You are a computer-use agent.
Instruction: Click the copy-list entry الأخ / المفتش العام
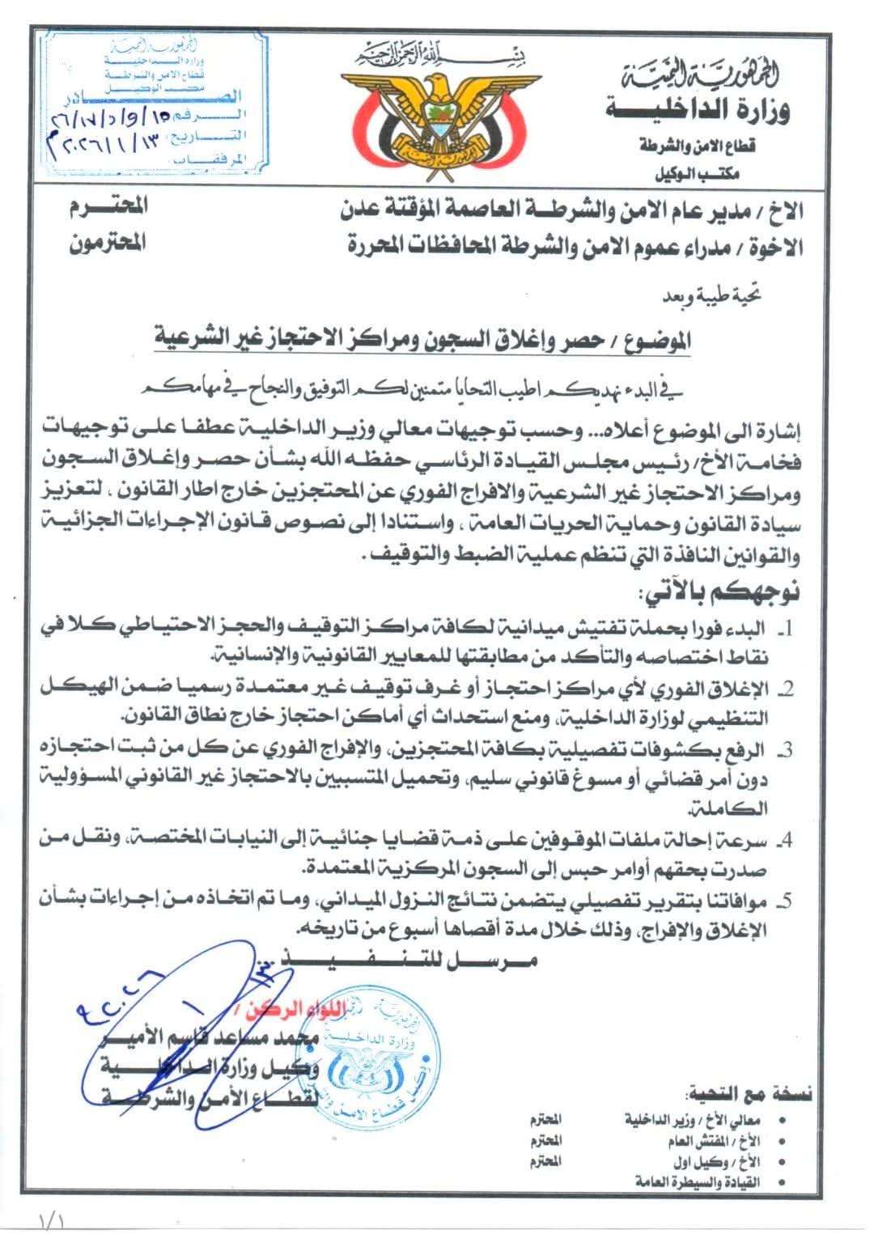(712, 1140)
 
